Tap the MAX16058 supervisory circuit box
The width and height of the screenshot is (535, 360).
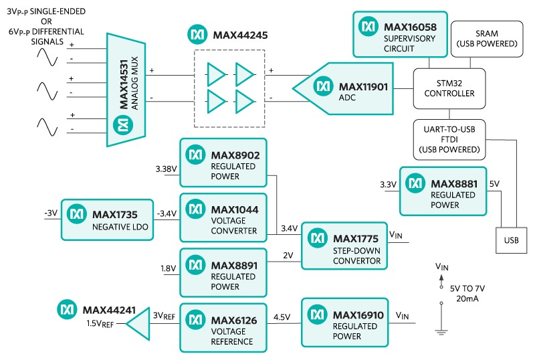[x=400, y=33]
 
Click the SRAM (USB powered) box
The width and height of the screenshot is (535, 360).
[x=486, y=38]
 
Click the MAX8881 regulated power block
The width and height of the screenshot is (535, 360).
[x=443, y=191]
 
